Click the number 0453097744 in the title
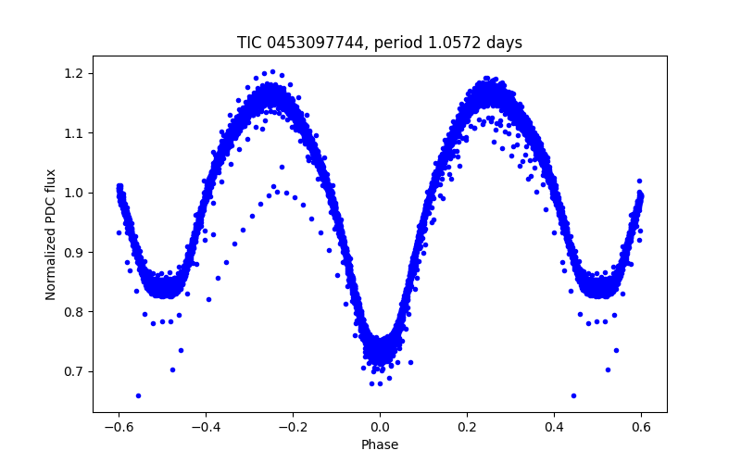tap(312, 43)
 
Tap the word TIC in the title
tap(248, 43)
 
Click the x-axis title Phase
tap(380, 444)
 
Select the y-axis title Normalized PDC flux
tap(51, 233)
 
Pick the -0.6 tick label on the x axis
tap(119, 427)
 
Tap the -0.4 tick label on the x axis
tap(206, 427)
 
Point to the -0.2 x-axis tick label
tap(293, 427)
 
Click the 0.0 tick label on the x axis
tap(380, 427)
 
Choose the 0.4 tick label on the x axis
tap(554, 427)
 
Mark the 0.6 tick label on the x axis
tap(641, 427)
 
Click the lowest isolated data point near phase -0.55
tap(138, 395)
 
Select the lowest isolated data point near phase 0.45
tap(573, 395)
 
